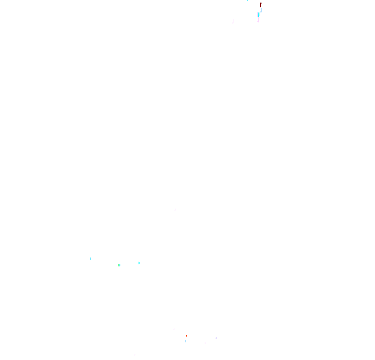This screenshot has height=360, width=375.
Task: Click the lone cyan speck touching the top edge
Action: click(x=247, y=1)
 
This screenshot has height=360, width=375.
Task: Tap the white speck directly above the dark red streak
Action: click(x=260, y=1)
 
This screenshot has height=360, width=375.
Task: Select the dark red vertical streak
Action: click(x=260, y=5)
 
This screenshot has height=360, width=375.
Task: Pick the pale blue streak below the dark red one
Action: click(x=261, y=9)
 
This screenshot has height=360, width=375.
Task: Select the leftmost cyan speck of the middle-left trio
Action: click(x=91, y=259)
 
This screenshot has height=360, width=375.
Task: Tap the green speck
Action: click(x=119, y=265)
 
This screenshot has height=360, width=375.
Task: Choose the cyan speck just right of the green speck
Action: click(x=139, y=263)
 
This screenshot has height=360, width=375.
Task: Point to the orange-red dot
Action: click(x=186, y=336)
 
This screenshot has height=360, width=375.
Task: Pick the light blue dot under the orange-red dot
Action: click(x=185, y=341)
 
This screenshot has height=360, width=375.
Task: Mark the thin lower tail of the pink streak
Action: click(x=258, y=20)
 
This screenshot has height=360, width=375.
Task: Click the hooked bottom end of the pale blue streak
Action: click(x=260, y=11)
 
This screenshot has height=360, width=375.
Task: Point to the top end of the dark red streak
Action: click(x=260, y=3)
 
